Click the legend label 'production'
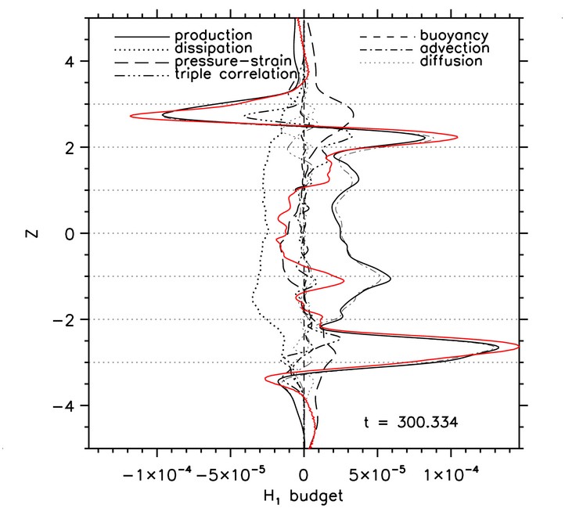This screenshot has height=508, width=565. (214, 36)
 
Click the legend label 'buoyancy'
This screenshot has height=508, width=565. (454, 36)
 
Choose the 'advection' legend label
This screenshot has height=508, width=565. (455, 49)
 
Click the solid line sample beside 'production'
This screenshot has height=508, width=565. (142, 37)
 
